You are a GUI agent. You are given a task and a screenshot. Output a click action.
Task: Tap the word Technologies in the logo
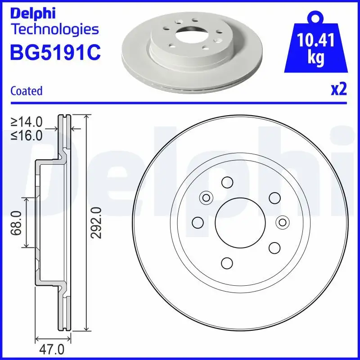click(x=54, y=30)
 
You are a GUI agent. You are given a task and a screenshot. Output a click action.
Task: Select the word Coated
click(x=26, y=91)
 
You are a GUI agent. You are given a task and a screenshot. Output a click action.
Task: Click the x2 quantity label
click(x=339, y=90)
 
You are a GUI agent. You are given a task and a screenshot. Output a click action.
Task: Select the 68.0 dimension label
click(x=17, y=223)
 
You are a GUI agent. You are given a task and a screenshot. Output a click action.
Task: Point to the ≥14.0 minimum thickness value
click(x=27, y=121)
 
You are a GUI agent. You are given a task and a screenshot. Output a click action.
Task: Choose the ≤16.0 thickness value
click(x=27, y=135)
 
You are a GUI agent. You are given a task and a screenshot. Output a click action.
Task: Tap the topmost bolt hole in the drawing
click(x=227, y=182)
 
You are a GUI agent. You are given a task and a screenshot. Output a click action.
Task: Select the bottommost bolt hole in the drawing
click(x=227, y=262)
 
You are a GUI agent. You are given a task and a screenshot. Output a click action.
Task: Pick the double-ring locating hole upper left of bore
click(x=206, y=197)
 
